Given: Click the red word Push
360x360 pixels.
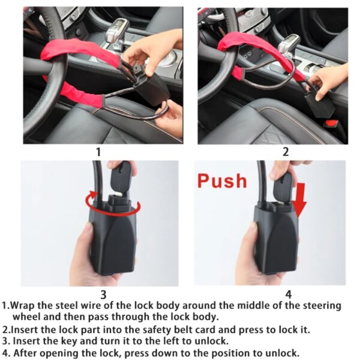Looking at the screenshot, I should (x=222, y=180).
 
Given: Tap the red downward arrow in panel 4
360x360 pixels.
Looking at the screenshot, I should (x=301, y=201).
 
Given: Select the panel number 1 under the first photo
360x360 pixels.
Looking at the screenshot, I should (x=98, y=152).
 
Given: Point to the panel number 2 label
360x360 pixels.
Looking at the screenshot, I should (x=286, y=152).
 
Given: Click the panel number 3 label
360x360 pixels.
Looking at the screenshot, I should (x=103, y=294).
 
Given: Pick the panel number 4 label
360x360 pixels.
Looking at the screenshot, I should (x=288, y=294).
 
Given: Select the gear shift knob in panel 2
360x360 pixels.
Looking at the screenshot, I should (x=291, y=42).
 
